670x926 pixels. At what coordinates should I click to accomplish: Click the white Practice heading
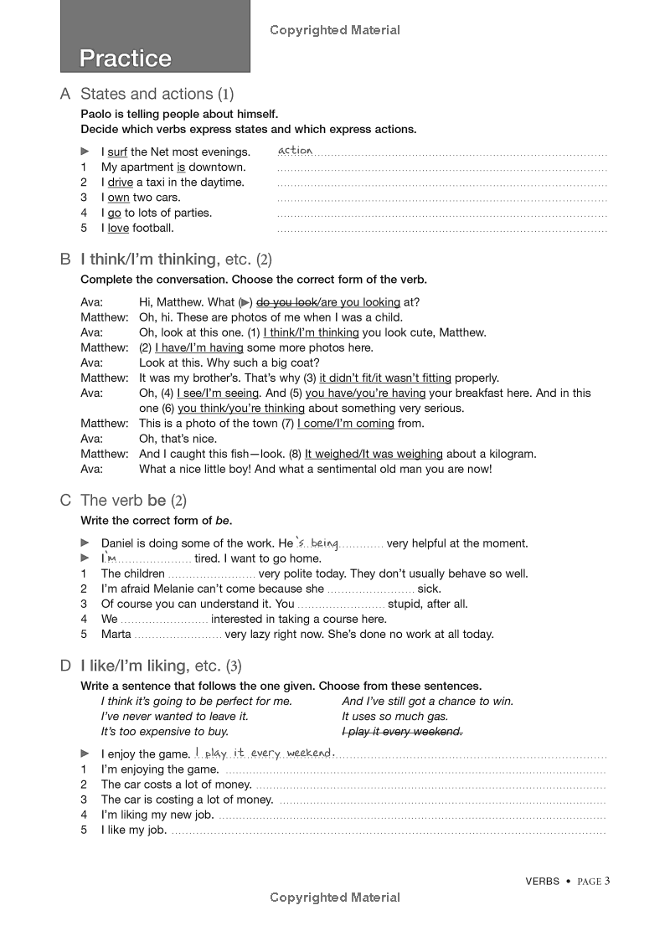click(125, 59)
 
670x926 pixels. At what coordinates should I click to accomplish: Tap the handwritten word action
click(295, 151)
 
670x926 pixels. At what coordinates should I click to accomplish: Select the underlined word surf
click(117, 152)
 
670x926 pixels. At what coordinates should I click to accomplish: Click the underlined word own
click(118, 198)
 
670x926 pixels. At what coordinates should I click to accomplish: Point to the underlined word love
click(118, 228)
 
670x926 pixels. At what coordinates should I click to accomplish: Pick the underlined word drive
click(121, 183)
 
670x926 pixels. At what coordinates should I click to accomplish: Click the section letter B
click(65, 260)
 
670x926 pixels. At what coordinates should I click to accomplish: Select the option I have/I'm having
click(199, 347)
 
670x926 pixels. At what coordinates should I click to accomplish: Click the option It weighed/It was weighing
click(374, 454)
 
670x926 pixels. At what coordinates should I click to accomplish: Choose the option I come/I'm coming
click(345, 424)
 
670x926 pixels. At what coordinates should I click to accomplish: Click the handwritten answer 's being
click(317, 543)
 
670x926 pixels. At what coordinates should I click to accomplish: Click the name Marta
click(116, 634)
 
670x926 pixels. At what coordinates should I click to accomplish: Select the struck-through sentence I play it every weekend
click(402, 732)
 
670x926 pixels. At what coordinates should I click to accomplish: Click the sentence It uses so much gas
click(395, 717)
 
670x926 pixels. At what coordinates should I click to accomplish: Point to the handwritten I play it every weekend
click(264, 753)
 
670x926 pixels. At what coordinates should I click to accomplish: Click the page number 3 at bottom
click(607, 880)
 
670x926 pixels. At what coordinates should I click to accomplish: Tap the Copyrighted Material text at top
click(335, 30)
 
